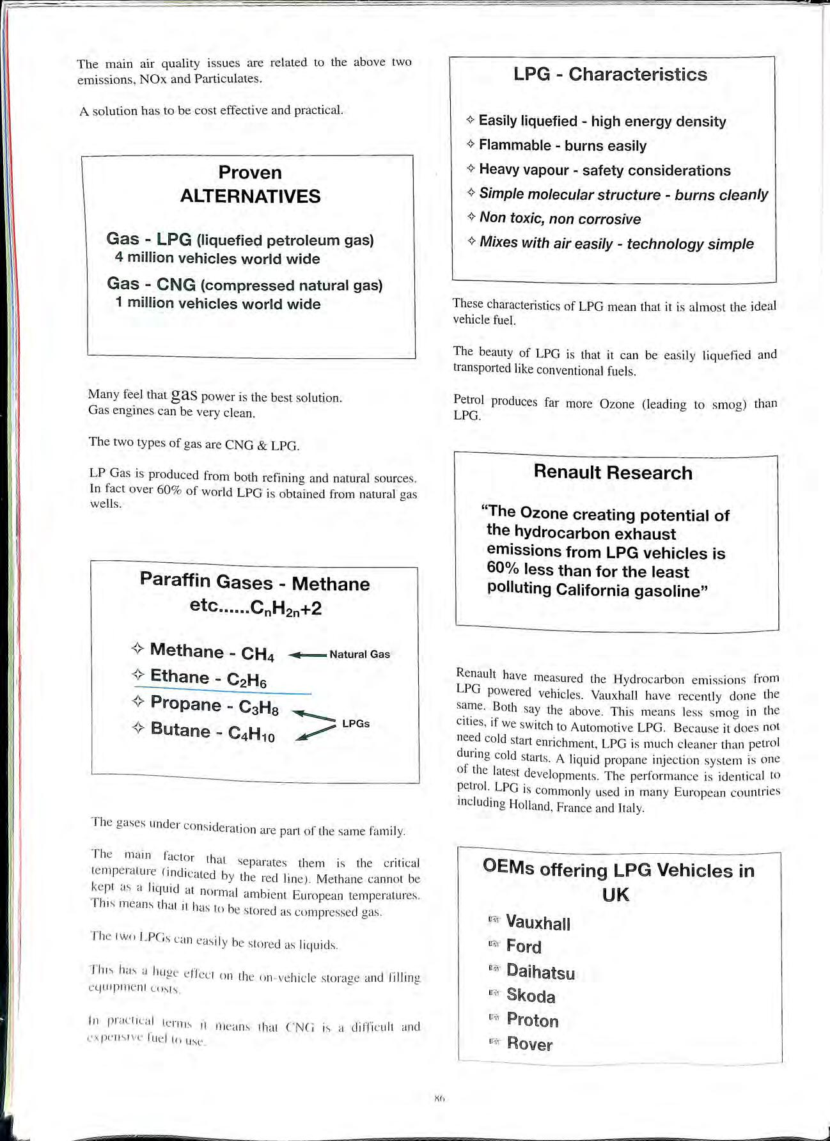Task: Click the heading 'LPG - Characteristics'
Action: pos(610,74)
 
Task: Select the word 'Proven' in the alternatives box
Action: pos(250,172)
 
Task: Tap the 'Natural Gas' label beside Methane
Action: pos(359,654)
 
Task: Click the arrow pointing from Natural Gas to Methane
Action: pos(308,655)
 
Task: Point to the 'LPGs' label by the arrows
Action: pos(356,723)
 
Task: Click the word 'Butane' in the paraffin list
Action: pos(180,730)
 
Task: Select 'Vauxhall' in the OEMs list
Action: pos(538,923)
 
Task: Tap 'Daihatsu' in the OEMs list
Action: pos(540,972)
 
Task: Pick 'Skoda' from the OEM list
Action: pos(531,996)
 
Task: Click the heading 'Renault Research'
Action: pos(613,473)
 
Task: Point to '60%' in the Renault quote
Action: pos(503,569)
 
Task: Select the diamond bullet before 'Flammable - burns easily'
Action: pos(471,145)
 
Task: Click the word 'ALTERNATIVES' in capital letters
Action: pos(250,196)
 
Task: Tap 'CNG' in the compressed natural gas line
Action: pos(176,284)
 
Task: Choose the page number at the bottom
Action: pos(439,1099)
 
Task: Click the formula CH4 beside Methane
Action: pos(258,654)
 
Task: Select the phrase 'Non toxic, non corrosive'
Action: pos(560,219)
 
